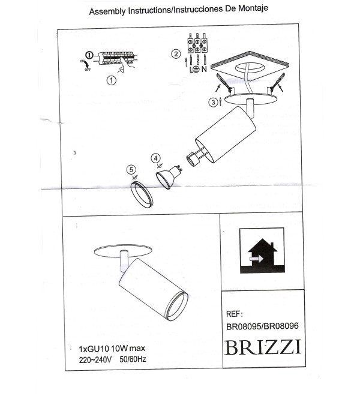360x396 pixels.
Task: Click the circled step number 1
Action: coord(112,80)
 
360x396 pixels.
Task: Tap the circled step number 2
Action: coord(176,54)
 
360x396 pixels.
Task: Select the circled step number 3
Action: coord(213,102)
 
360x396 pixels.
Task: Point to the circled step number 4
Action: coord(155,158)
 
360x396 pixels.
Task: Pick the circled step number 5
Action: coord(131,169)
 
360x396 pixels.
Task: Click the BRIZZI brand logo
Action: coord(263,347)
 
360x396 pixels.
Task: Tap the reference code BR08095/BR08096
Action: coord(262,326)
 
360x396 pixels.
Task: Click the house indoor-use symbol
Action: coord(262,250)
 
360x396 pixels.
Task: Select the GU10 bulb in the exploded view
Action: coord(168,176)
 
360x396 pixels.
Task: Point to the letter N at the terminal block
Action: coord(204,69)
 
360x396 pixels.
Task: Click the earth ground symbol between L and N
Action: coord(197,68)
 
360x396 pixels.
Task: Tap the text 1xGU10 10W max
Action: coord(112,349)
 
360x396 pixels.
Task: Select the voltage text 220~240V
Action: coord(95,360)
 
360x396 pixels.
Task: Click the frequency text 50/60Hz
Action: coord(133,359)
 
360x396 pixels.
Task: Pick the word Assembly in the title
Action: coord(107,11)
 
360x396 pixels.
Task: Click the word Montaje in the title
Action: coord(253,8)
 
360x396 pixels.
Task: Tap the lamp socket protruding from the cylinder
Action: coord(195,157)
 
